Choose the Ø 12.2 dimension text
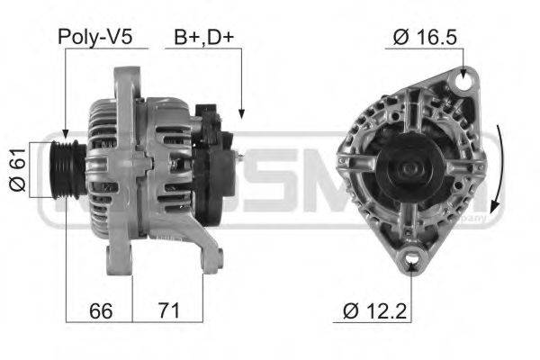point(379,311)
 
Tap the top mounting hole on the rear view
point(465,83)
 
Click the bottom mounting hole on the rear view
point(414,261)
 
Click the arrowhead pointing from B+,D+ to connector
point(241,113)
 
